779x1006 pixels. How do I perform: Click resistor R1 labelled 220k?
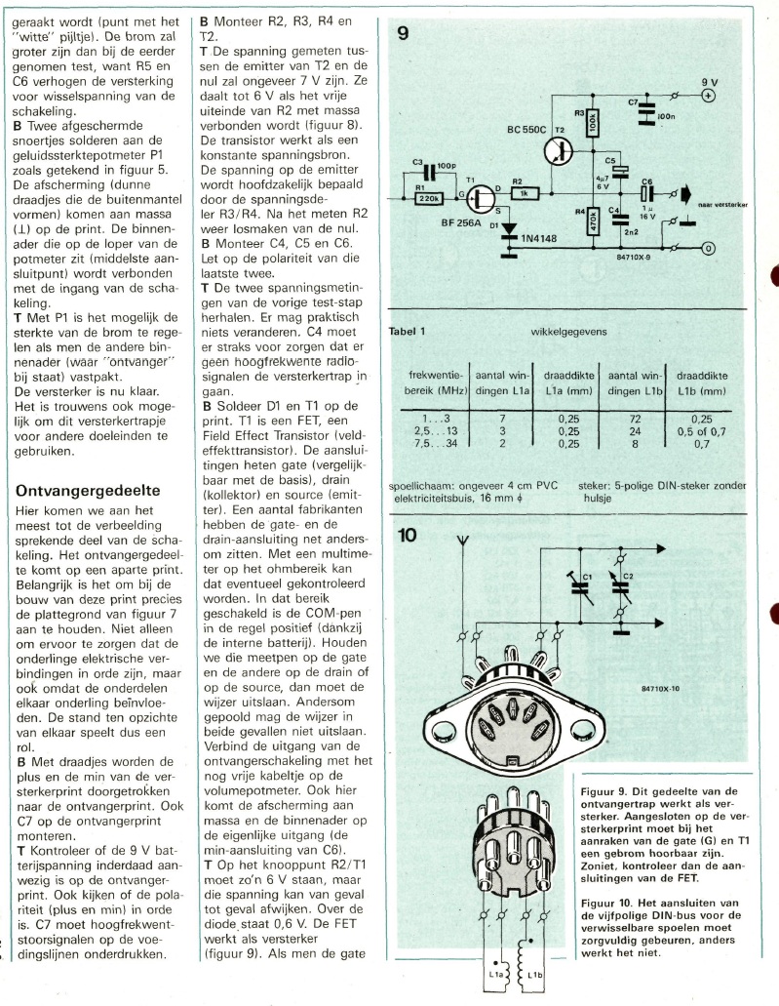click(430, 198)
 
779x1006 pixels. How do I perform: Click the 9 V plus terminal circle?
click(709, 96)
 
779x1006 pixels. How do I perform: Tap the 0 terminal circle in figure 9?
click(709, 248)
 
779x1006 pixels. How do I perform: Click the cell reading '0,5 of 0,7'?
click(699, 429)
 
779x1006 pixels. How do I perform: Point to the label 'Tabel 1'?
click(414, 332)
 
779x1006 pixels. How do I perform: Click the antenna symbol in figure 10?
click(464, 542)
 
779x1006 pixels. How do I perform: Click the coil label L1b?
click(535, 977)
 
